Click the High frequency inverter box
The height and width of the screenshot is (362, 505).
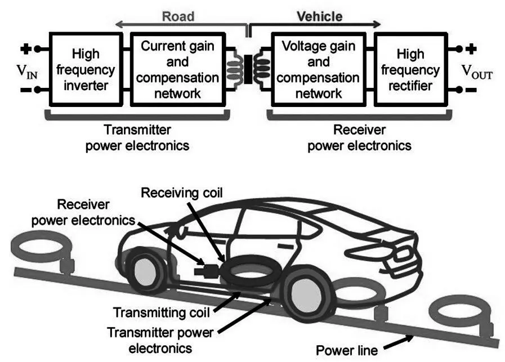point(86,70)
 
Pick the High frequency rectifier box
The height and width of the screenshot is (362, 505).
point(410,70)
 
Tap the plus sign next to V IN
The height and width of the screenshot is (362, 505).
point(25,48)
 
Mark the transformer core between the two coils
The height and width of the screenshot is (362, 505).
point(248,71)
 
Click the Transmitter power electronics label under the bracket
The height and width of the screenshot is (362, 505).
point(136,138)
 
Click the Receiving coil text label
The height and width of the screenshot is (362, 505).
point(181,193)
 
